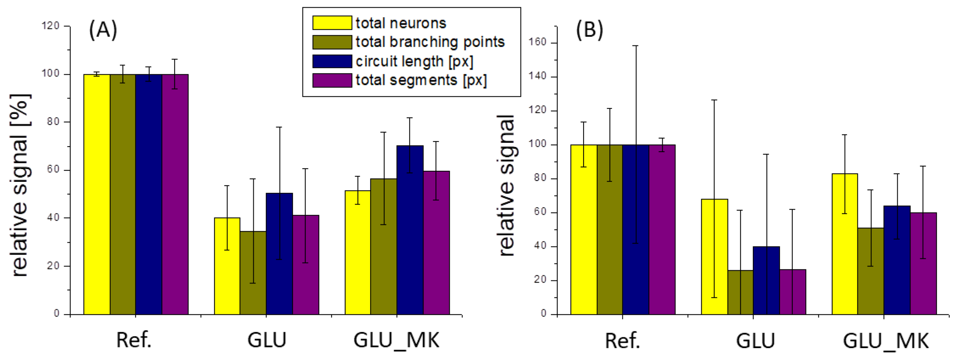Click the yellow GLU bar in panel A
coord(227,266)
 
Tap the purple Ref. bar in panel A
coord(175,194)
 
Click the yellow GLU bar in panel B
coord(715,257)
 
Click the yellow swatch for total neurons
coord(332,23)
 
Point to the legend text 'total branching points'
coord(430,42)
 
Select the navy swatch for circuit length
coord(332,61)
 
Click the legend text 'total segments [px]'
coord(421,80)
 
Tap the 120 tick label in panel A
coord(51,26)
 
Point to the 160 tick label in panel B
coord(538,42)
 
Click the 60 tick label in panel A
coord(53,169)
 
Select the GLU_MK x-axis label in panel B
coord(886,340)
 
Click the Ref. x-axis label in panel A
coord(134,340)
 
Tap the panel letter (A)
coord(103,29)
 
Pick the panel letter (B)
coord(589,29)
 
